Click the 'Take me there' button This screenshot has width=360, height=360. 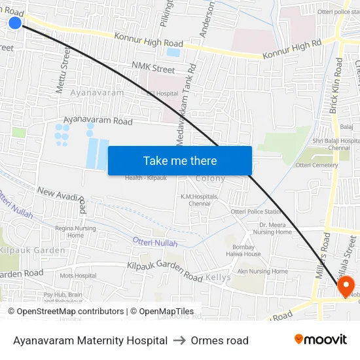[180, 160]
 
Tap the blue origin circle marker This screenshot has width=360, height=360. [15, 23]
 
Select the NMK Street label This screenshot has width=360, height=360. [153, 68]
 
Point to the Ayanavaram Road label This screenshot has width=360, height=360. [98, 121]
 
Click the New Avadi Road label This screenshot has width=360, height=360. [63, 199]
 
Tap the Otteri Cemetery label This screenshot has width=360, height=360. [317, 165]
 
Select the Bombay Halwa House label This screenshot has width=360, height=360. [247, 251]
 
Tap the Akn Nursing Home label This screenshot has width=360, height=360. [262, 271]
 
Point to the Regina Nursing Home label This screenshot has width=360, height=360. [75, 232]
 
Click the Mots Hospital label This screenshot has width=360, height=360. [78, 276]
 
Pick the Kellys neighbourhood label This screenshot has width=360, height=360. [218, 278]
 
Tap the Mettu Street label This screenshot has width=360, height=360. [63, 68]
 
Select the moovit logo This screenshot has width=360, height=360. [321, 340]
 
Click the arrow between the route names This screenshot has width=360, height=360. [179, 340]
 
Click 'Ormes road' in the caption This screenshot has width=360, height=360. [220, 340]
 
